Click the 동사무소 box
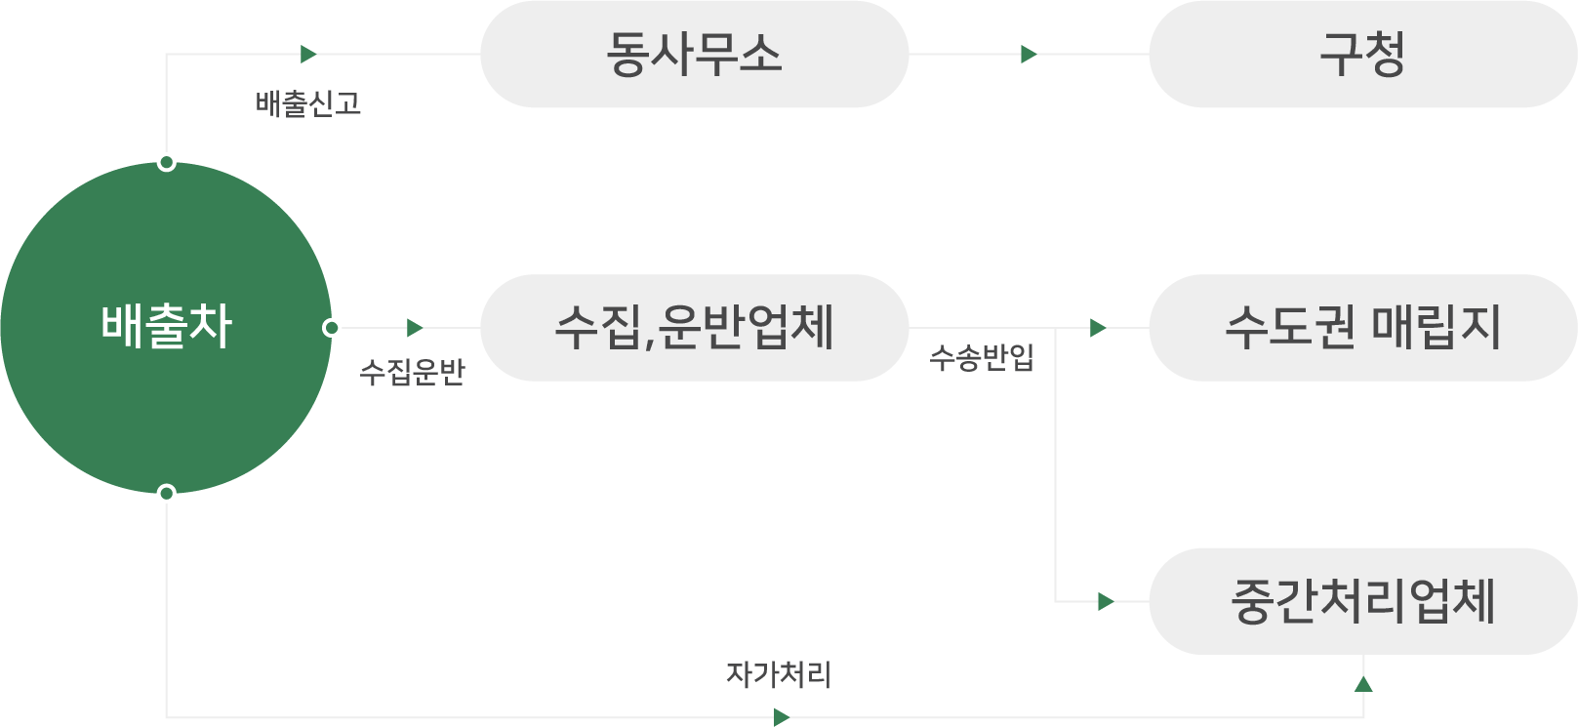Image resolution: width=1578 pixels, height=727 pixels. click(x=694, y=55)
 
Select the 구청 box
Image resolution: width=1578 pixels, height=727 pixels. click(x=1362, y=55)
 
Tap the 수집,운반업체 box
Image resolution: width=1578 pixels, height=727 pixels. click(x=694, y=328)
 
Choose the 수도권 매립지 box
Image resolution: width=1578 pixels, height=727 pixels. click(x=1362, y=328)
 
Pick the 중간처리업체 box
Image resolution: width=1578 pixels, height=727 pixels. click(x=1362, y=601)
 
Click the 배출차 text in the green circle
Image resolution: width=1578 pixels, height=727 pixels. click(x=166, y=326)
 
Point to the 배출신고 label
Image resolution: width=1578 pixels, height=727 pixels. click(x=308, y=104)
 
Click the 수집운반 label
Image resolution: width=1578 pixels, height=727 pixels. click(x=412, y=372)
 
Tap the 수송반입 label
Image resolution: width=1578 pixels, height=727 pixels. click(x=982, y=358)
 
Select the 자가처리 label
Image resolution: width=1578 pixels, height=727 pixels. click(x=778, y=674)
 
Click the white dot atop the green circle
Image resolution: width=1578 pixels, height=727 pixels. click(x=167, y=162)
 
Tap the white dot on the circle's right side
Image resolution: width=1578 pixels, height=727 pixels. click(x=332, y=328)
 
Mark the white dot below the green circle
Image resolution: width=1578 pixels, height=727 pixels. click(x=167, y=494)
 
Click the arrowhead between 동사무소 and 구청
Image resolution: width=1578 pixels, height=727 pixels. click(x=1028, y=55)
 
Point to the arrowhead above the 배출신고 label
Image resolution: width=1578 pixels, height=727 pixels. click(x=308, y=55)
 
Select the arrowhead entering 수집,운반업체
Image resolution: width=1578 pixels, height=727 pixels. click(x=415, y=328)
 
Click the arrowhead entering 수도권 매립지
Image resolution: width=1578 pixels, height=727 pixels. click(x=1097, y=328)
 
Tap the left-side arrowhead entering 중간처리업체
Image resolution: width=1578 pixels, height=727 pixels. click(x=1105, y=602)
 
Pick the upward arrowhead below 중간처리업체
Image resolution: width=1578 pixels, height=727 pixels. click(x=1363, y=685)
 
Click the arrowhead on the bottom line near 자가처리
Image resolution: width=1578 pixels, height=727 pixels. click(x=781, y=717)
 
